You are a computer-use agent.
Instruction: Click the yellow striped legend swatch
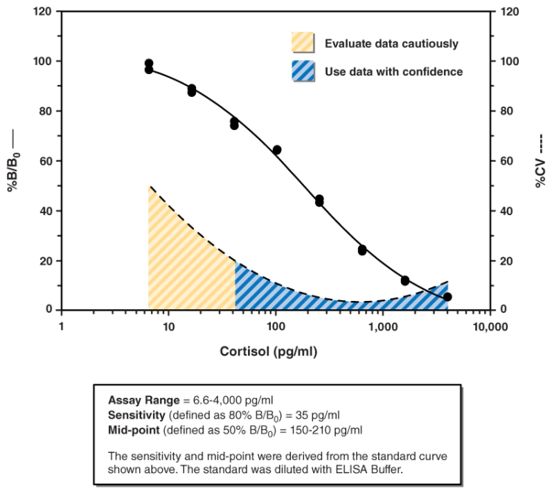tap(302, 43)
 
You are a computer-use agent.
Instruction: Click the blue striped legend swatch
tap(302, 71)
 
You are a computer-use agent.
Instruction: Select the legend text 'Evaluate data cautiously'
tap(391, 43)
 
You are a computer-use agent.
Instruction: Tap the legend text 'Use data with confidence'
tap(394, 71)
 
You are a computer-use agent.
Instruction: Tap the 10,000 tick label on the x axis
tap(489, 326)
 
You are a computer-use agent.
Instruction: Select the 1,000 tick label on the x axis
tap(382, 326)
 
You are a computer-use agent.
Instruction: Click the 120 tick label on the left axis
tap(42, 12)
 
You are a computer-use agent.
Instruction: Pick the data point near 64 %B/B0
tap(276, 150)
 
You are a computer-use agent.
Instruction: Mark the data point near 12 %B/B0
tap(406, 280)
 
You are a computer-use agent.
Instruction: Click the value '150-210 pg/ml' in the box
tap(327, 430)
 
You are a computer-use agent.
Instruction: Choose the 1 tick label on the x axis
tap(61, 326)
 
